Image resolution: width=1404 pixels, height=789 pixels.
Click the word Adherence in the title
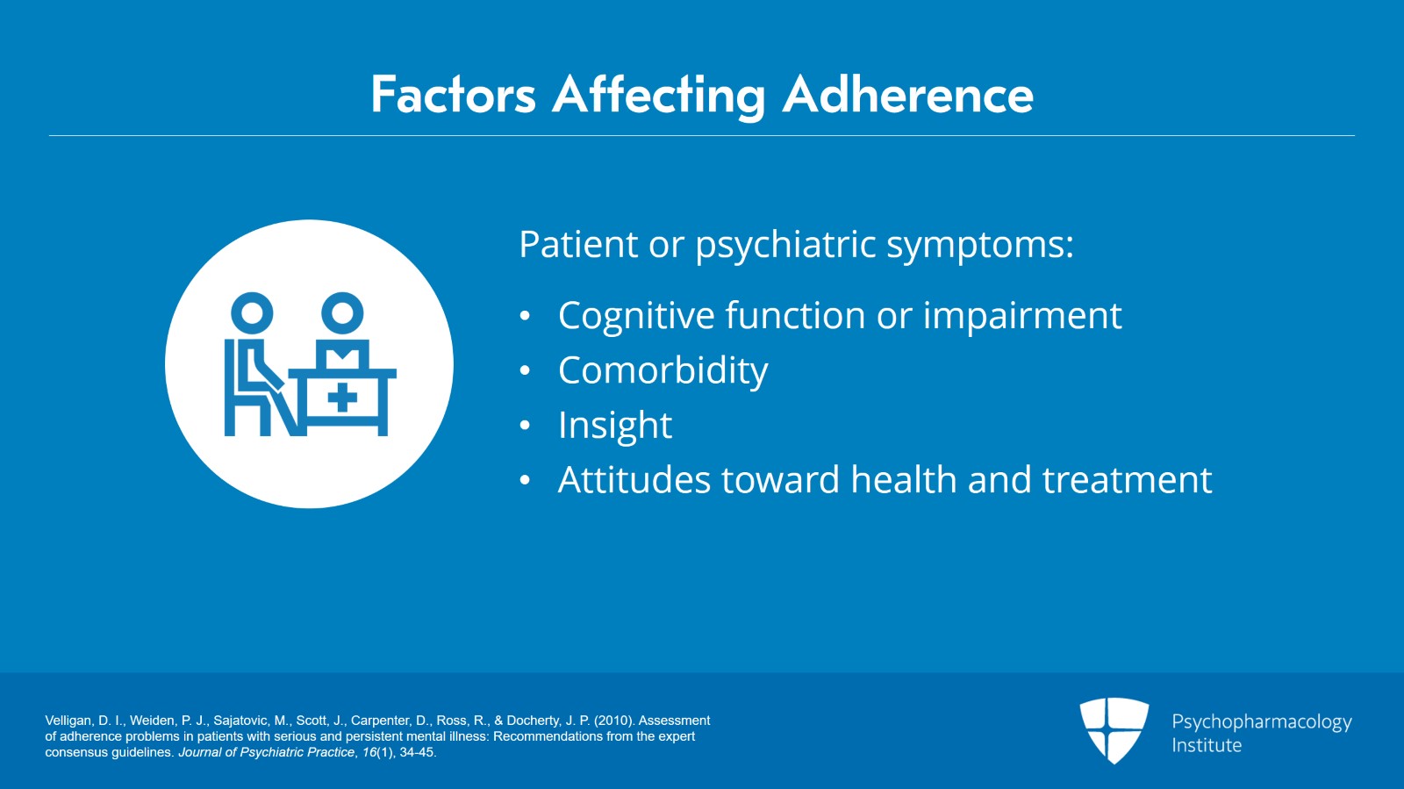[908, 95]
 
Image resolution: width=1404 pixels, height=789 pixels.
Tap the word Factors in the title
[453, 95]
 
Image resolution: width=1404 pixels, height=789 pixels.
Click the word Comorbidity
[663, 371]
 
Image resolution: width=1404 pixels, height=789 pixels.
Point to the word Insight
[614, 426]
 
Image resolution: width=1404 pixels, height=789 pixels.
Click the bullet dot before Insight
[525, 427]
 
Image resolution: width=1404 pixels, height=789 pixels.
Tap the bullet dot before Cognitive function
[525, 317]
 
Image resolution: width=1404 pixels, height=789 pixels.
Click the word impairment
[1022, 316]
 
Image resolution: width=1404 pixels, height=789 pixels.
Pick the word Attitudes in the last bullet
[634, 480]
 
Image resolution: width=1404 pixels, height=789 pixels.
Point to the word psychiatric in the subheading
[785, 246]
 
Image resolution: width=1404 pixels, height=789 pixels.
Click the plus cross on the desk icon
[342, 398]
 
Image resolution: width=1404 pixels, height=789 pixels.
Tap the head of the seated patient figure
[252, 312]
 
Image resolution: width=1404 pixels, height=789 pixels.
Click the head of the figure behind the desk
[342, 312]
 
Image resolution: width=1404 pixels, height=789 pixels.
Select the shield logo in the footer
[1114, 729]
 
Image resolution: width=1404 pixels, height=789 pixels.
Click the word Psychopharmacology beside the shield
[1261, 722]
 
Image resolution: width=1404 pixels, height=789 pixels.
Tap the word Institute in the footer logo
[1207, 745]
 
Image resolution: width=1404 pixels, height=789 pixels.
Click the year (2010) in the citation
[614, 721]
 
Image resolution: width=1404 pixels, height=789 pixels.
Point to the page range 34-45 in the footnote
[417, 752]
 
